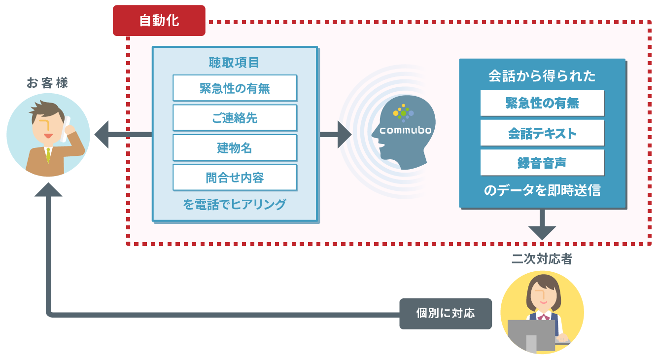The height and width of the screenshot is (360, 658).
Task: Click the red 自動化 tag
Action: point(159,21)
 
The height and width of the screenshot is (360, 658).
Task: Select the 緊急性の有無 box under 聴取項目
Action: point(235,88)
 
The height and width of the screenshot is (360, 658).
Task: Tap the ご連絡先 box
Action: point(235,118)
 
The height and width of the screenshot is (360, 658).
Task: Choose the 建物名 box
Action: point(235,147)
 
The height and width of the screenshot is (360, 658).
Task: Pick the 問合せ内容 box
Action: point(235,178)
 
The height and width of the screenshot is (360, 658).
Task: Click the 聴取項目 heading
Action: point(234,63)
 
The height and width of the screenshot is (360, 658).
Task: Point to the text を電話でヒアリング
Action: point(234,204)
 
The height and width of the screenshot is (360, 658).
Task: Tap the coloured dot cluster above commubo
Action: point(403,113)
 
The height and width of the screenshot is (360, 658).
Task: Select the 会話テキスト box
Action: point(542,133)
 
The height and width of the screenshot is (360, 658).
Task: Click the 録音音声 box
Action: point(542,163)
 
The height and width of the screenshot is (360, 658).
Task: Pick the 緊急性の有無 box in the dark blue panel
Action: point(542,103)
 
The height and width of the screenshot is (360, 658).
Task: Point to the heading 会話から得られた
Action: point(542,76)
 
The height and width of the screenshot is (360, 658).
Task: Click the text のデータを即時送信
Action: point(542,191)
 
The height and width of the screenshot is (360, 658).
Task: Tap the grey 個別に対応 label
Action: point(445,313)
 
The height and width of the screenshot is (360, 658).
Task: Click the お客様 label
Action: point(48,83)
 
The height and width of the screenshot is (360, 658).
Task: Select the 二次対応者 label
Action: point(542,259)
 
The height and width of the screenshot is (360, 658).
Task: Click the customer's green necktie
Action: point(48,155)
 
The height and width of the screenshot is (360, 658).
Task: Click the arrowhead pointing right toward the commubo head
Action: point(344,134)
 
